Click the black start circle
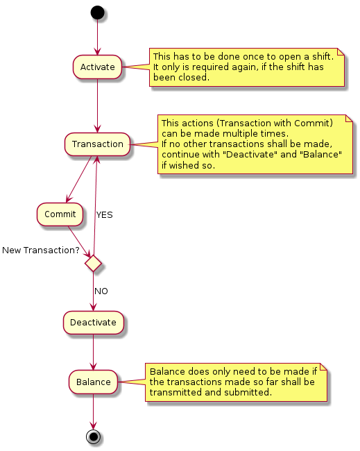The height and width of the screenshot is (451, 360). (98, 12)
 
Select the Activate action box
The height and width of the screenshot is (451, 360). (98, 67)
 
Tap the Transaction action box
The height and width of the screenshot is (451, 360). (98, 144)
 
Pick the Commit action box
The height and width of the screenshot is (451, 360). (60, 214)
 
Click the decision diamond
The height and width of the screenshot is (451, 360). (93, 263)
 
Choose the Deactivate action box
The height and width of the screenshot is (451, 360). (93, 323)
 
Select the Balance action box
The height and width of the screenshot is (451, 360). (93, 382)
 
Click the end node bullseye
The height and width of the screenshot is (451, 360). (93, 437)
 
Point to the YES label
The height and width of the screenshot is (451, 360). (104, 215)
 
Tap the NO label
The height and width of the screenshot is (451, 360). (101, 291)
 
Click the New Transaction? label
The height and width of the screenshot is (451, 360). (41, 250)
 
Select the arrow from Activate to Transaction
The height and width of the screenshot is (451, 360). (98, 105)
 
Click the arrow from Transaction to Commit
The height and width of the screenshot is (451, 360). (79, 180)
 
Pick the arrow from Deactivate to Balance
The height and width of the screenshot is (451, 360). (93, 352)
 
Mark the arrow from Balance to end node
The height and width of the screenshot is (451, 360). (93, 411)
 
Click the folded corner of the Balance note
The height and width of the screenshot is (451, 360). (324, 367)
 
